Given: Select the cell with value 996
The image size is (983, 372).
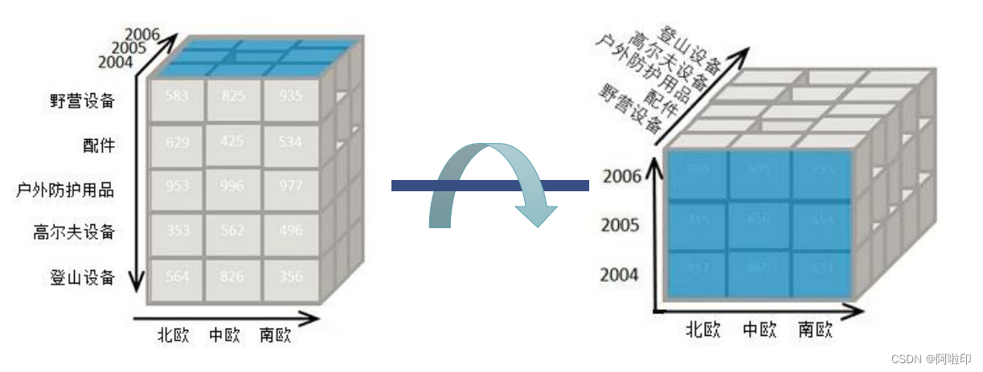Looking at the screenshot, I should click(x=233, y=186).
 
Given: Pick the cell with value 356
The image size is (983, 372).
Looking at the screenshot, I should click(x=290, y=277).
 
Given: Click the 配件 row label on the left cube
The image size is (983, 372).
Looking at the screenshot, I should click(x=99, y=145).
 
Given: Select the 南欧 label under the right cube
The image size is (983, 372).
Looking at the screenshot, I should click(x=815, y=329).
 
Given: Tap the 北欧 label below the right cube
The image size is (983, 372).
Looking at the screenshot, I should click(x=702, y=329).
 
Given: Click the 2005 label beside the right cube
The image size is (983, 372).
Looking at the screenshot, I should click(x=620, y=225).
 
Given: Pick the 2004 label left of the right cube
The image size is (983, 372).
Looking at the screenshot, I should click(x=620, y=275).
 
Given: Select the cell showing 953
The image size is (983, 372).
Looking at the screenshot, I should click(x=177, y=186).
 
